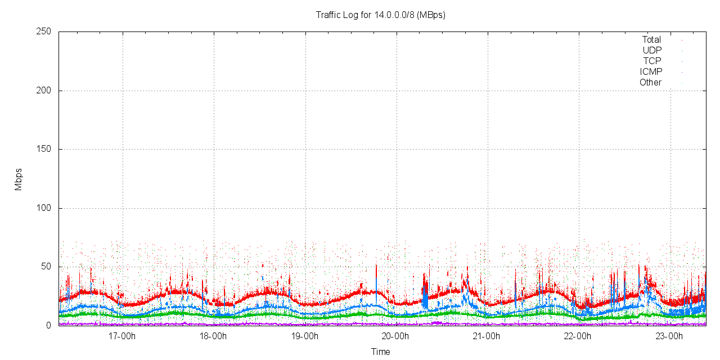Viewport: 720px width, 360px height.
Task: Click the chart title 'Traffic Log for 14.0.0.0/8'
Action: click(380, 15)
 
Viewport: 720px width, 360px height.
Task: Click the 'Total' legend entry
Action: click(651, 40)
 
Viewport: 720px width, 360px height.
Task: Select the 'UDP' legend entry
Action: click(652, 51)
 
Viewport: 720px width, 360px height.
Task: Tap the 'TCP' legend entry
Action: click(652, 61)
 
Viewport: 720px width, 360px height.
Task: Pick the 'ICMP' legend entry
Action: click(651, 72)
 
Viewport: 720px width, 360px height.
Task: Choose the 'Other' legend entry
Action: click(650, 83)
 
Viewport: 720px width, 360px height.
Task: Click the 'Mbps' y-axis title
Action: click(19, 179)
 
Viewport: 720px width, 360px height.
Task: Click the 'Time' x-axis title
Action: click(380, 352)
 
